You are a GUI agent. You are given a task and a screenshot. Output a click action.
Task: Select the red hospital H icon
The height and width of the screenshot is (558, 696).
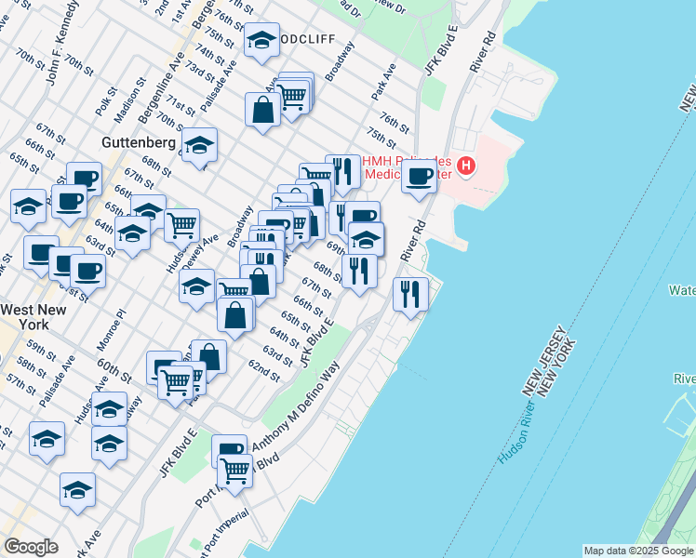pos(466,166)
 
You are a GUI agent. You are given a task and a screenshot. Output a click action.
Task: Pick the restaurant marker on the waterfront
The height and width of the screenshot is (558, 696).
pos(410,294)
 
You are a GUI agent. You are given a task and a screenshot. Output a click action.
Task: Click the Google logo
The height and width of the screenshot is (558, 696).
pos(31,547)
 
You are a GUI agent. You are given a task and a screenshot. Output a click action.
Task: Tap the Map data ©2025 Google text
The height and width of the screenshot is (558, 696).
pos(638,551)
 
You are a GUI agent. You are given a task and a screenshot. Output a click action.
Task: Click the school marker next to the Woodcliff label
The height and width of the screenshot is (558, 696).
pos(261,40)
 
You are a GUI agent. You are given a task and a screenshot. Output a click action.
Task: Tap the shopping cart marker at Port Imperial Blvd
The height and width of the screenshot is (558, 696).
pos(236,473)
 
